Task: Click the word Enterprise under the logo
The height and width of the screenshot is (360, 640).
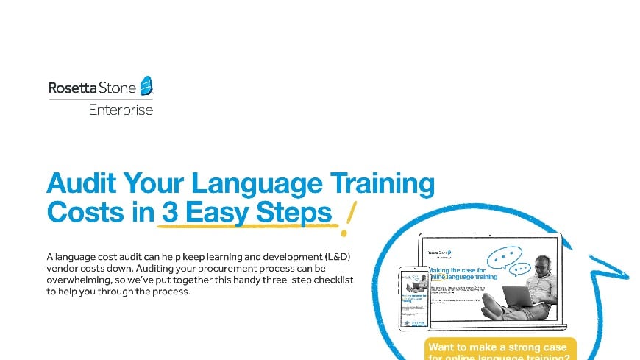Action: (x=121, y=110)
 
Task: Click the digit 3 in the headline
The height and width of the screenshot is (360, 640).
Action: (x=170, y=212)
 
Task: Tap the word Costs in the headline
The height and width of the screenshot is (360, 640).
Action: (x=82, y=212)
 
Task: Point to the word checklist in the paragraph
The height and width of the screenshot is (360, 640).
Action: (x=322, y=280)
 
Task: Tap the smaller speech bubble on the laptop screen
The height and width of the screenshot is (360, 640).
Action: (x=520, y=269)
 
